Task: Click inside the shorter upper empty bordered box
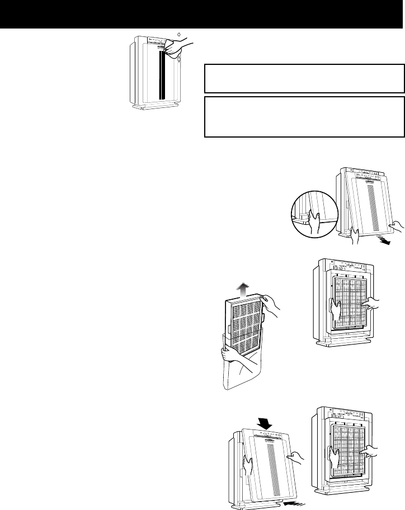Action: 304,79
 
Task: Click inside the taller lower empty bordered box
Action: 304,116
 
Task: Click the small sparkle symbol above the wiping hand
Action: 178,35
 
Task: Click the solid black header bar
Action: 202,14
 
